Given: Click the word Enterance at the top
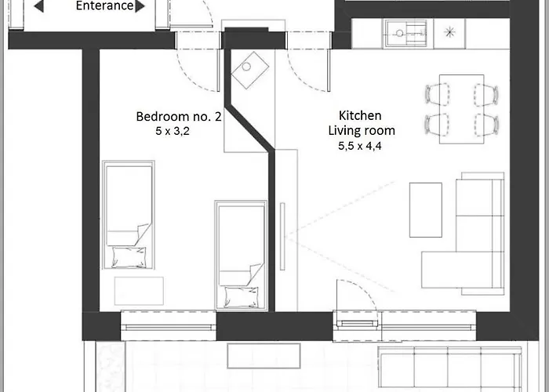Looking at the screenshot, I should (104, 6).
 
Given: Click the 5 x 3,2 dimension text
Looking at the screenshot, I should (173, 132).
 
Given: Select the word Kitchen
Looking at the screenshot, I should (360, 115).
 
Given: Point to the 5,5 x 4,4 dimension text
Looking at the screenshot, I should (361, 145).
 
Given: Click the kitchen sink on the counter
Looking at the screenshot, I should (405, 34).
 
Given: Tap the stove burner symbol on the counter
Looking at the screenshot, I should (450, 33).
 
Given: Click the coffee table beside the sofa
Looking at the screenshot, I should (426, 209).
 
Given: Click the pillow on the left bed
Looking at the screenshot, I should (129, 254).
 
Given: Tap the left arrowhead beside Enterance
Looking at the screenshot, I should (38, 6).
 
